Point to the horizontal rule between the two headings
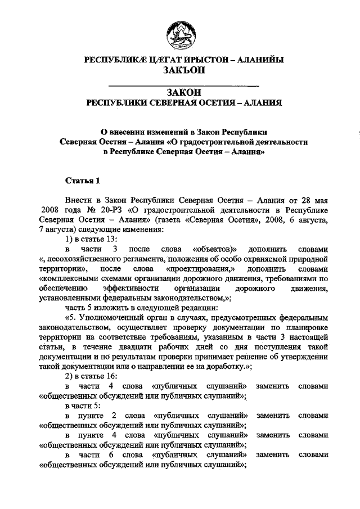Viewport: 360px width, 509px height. [183, 85]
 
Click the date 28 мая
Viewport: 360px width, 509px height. [311, 200]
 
